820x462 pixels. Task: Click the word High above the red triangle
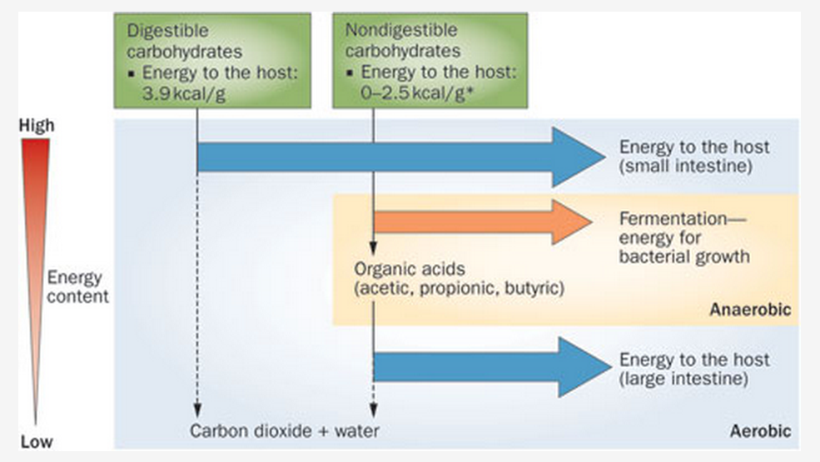click(36, 127)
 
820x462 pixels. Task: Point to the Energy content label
click(78, 286)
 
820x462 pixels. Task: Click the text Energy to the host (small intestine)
click(694, 156)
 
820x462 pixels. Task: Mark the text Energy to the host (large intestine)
click(694, 369)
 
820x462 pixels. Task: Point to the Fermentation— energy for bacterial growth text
click(684, 237)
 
